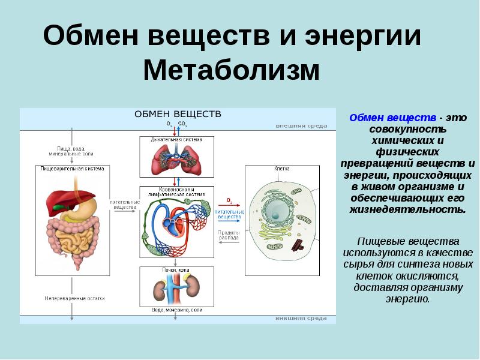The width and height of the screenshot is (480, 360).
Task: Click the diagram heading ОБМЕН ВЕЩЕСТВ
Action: pyautogui.click(x=178, y=114)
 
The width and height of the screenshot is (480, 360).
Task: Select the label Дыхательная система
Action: pyautogui.click(x=176, y=139)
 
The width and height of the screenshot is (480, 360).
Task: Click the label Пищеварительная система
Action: pyautogui.click(x=72, y=169)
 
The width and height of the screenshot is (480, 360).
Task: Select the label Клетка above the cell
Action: pyautogui.click(x=282, y=169)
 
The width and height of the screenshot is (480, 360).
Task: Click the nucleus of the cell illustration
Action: pyautogui.click(x=276, y=210)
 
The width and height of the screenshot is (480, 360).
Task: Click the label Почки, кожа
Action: pyautogui.click(x=176, y=270)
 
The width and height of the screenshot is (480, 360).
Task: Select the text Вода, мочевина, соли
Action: pyautogui.click(x=176, y=310)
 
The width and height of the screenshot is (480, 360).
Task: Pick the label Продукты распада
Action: pyautogui.click(x=228, y=235)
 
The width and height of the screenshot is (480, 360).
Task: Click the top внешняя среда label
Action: pyautogui.click(x=301, y=126)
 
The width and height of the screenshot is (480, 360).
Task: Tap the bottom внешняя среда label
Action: pyautogui.click(x=301, y=317)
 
